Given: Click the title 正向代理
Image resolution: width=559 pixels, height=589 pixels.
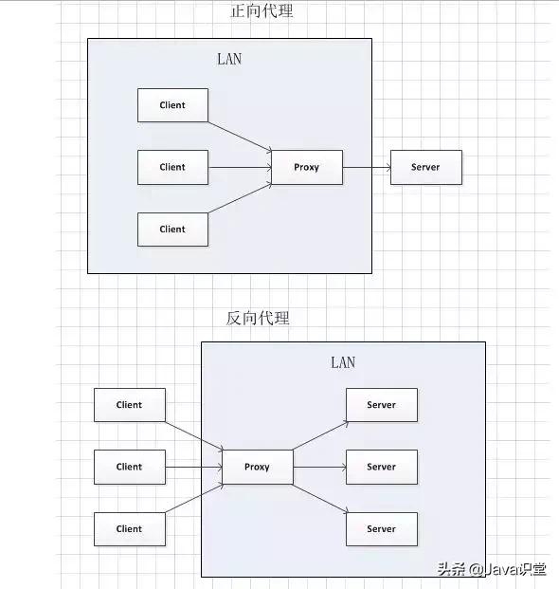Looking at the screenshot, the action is click(261, 10).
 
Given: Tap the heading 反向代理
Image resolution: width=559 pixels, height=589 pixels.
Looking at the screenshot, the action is click(258, 318).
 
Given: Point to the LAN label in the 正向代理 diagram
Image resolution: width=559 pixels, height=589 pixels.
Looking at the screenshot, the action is click(229, 59).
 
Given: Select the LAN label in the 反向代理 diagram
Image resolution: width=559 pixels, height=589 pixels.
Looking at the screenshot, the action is click(343, 362).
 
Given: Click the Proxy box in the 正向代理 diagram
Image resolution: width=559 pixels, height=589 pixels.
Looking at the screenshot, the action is click(307, 167).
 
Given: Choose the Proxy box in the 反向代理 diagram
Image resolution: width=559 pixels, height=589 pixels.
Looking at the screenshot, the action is click(258, 467).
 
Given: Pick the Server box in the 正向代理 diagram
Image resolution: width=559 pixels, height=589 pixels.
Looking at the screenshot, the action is click(426, 167).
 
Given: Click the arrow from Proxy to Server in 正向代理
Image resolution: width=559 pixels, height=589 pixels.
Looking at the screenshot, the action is click(367, 168).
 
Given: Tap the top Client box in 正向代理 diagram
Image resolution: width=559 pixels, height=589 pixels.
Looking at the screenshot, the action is click(172, 105).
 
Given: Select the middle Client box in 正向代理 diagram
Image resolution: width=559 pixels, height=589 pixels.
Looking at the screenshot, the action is click(172, 167).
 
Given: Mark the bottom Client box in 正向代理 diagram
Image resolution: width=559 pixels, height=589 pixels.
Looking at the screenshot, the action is click(172, 230).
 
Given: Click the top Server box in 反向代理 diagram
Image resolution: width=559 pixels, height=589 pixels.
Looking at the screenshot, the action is click(382, 405).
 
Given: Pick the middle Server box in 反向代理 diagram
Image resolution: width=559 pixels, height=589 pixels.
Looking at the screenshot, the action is click(382, 467).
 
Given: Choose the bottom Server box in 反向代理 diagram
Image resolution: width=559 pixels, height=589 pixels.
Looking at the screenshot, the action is click(382, 529).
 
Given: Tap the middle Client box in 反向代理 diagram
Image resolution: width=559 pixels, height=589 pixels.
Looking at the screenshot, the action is click(130, 467).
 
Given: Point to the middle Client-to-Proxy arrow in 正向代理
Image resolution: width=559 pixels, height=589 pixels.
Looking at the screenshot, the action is click(240, 167).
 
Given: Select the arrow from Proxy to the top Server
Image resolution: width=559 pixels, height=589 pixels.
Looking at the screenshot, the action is click(321, 435).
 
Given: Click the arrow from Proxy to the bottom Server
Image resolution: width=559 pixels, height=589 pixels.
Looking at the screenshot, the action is click(321, 499).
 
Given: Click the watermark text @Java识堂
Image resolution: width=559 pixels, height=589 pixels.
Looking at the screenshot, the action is click(508, 569).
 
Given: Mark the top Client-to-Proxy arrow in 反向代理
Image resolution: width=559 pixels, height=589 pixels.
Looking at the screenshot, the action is click(194, 435).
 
